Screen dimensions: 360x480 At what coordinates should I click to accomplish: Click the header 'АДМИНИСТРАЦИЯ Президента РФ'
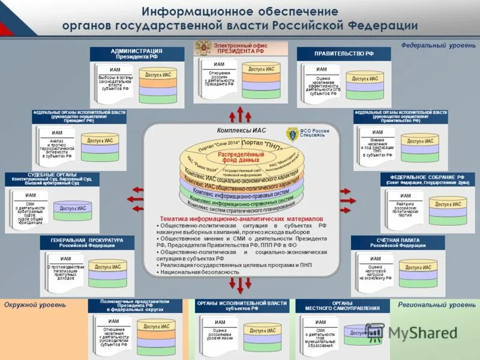point(137,53)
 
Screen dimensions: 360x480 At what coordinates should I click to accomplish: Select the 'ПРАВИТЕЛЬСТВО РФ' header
point(344,53)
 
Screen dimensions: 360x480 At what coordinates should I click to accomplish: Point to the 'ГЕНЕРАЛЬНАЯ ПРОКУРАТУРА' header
point(87,242)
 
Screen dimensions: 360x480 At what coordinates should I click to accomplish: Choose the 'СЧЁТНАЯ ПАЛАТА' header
point(398,242)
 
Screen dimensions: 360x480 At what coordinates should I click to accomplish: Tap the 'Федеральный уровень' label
point(438,45)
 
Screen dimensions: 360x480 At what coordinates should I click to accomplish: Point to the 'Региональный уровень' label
point(436,305)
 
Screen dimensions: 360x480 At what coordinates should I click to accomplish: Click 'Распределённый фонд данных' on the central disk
point(240,157)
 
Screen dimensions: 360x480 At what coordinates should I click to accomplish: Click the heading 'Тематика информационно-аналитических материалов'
point(241,218)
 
